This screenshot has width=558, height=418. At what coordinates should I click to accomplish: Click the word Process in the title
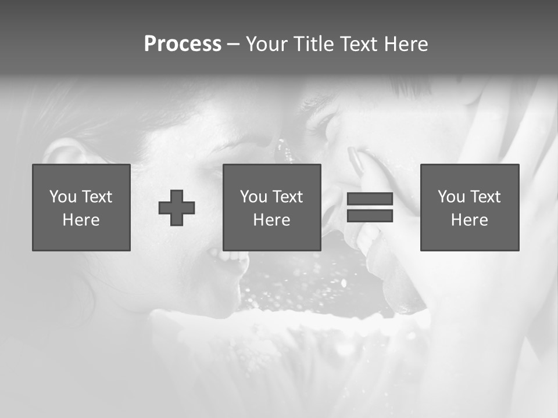(x=183, y=44)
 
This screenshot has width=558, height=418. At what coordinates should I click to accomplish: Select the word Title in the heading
(x=313, y=44)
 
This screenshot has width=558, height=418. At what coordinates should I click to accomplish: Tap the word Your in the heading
(x=267, y=44)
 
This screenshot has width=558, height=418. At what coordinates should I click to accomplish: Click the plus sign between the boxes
(x=177, y=208)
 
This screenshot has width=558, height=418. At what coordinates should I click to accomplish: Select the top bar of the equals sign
(x=370, y=199)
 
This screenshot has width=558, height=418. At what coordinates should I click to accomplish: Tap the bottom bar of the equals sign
(x=370, y=216)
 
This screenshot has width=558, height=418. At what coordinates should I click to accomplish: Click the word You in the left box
(x=63, y=197)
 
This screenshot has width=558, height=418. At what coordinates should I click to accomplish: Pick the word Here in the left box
(x=81, y=220)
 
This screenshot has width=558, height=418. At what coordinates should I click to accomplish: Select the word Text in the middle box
(x=288, y=197)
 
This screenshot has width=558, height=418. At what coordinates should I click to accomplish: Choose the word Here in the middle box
(x=271, y=220)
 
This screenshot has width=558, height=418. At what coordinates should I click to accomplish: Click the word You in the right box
(x=451, y=197)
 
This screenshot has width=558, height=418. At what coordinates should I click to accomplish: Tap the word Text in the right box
(x=485, y=197)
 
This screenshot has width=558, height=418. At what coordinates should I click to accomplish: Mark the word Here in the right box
(x=469, y=220)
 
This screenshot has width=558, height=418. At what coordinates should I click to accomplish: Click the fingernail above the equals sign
(x=356, y=160)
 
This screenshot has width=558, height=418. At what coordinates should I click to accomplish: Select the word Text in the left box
(x=97, y=197)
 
